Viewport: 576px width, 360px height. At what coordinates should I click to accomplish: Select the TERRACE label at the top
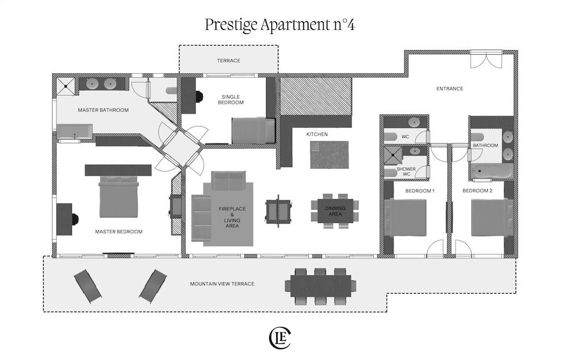pyautogui.click(x=229, y=60)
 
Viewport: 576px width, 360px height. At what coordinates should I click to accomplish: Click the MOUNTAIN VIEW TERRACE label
pyautogui.click(x=222, y=284)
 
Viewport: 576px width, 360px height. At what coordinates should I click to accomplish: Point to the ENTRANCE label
pyautogui.click(x=449, y=89)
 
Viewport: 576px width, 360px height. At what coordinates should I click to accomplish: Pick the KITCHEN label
pyautogui.click(x=317, y=134)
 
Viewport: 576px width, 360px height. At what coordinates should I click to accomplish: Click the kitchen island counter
pyautogui.click(x=329, y=154)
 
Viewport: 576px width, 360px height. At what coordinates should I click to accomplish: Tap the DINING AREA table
pyautogui.click(x=334, y=211)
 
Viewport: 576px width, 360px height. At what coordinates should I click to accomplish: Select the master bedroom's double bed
pyautogui.click(x=118, y=197)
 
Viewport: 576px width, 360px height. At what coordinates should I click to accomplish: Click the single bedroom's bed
pyautogui.click(x=253, y=131)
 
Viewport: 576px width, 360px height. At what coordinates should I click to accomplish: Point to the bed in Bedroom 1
pyautogui.click(x=405, y=218)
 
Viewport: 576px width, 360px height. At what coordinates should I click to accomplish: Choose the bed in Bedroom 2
pyautogui.click(x=491, y=217)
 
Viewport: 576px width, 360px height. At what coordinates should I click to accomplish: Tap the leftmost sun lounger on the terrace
pyautogui.click(x=88, y=286)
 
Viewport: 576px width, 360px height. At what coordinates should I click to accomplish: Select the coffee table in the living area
pyautogui.click(x=278, y=211)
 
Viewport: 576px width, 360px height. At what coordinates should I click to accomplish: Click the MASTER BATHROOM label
pyautogui.click(x=103, y=110)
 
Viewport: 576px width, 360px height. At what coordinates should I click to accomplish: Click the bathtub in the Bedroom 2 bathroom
pyautogui.click(x=492, y=172)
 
